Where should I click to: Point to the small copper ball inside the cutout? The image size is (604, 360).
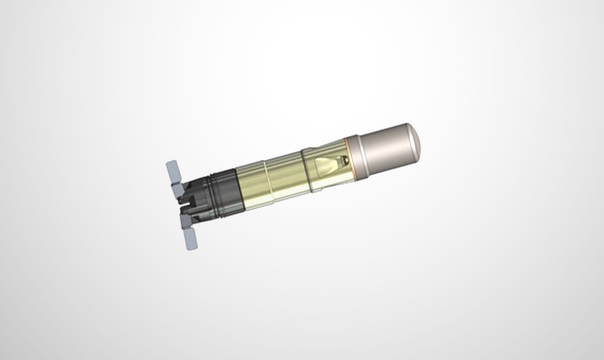(342, 160)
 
